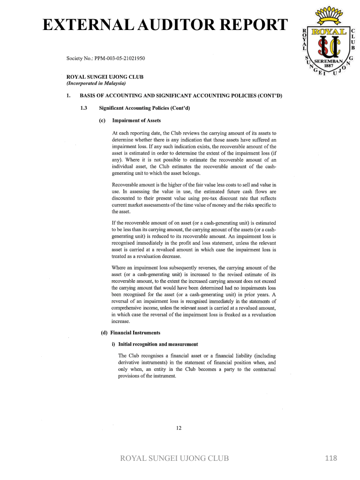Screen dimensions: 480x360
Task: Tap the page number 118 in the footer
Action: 330,458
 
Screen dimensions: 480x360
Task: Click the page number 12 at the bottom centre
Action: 179,427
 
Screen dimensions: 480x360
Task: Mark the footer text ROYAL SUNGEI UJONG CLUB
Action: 175,458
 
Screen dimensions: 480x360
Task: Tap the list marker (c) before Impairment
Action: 102,120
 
